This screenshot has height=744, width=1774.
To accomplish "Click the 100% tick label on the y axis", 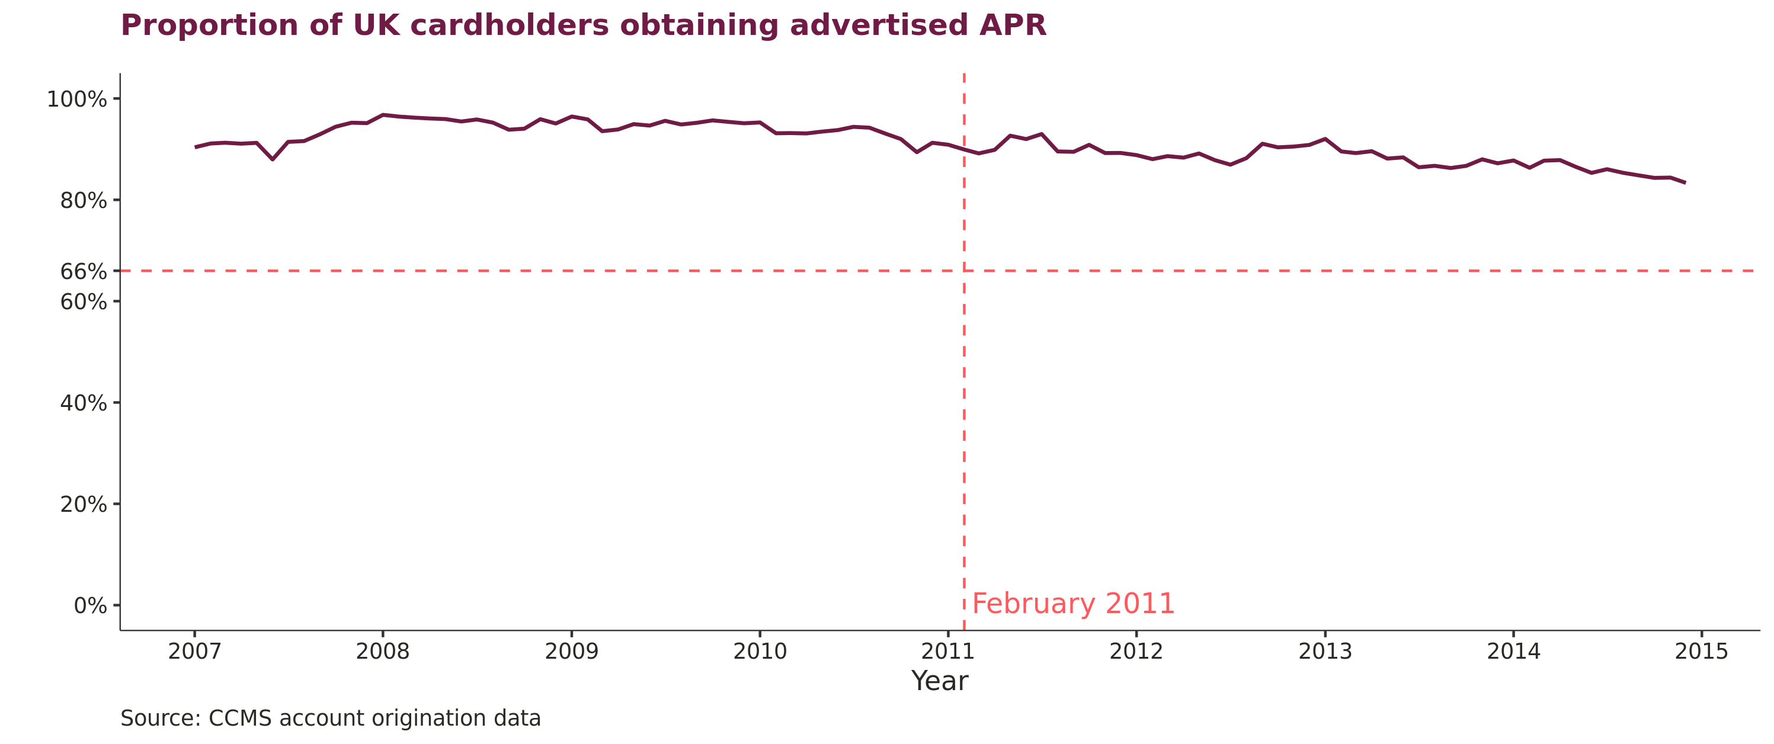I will click(x=77, y=100).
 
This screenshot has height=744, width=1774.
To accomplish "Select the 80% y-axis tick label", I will click(x=84, y=201).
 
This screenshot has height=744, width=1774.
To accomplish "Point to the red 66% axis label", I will click(x=84, y=272).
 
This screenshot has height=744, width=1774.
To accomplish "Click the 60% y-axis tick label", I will click(x=84, y=302).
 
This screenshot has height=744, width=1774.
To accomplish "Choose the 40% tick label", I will click(x=84, y=403).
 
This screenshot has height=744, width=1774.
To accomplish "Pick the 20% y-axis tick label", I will click(x=84, y=505).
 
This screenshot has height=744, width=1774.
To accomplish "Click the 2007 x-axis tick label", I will click(x=195, y=651).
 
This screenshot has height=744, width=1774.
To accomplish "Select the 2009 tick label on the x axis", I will click(x=572, y=651).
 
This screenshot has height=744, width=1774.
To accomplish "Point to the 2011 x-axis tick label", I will click(x=948, y=651).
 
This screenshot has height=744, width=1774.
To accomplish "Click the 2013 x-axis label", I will click(x=1325, y=651).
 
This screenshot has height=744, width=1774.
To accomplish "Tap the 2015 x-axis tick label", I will click(x=1702, y=651).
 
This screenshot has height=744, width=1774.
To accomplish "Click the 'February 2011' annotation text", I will click(x=1073, y=604).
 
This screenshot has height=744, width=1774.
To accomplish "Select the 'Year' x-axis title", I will click(x=939, y=681).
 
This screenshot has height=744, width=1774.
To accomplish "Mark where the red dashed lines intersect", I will click(x=964, y=271).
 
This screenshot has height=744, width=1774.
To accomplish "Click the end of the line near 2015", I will click(x=1685, y=182).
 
